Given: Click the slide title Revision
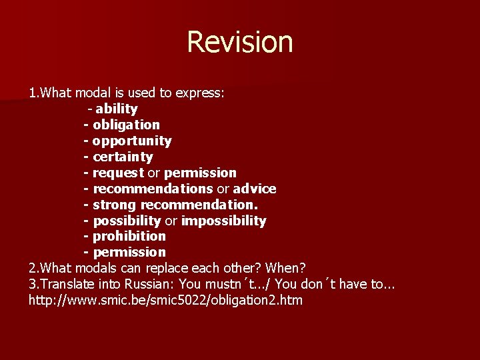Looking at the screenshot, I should coord(240,41).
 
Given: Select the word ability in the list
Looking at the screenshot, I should coord(117,109).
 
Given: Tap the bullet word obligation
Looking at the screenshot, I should coord(126,125).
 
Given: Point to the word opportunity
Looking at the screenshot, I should coord(132,141).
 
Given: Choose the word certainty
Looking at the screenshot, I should coord(123,157).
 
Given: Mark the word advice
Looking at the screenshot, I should coord(255,189).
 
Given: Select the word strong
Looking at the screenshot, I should coord(115,205).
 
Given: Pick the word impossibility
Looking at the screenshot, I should coord(223,221).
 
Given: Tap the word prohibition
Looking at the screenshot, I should coord(129,236).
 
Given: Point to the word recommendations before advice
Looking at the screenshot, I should coord(153,189).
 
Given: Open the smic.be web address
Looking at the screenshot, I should coord(165,300).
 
